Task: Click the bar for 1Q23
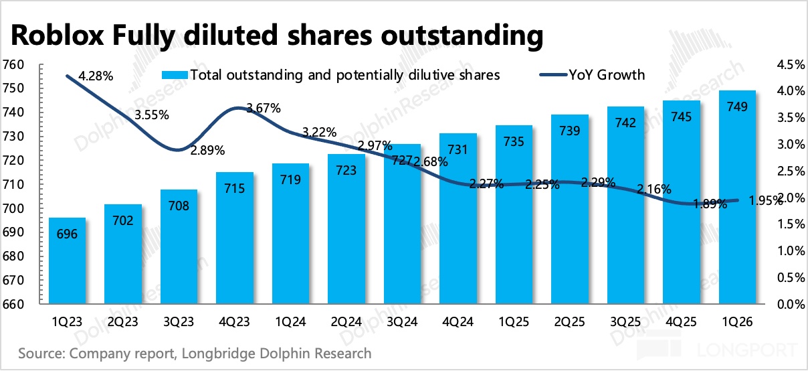(x=67, y=261)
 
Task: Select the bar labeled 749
(x=737, y=197)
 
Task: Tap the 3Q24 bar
(x=402, y=224)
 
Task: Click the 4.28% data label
(x=96, y=76)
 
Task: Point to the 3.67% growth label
(x=264, y=108)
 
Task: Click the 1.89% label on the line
(x=710, y=204)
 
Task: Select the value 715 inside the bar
(x=235, y=188)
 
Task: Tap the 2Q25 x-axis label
(x=570, y=321)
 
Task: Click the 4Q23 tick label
(x=235, y=321)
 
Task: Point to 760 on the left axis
(x=13, y=65)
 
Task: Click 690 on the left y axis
(x=13, y=232)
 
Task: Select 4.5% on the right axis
(x=791, y=65)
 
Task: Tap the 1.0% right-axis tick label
(x=791, y=250)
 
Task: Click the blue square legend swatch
(x=175, y=75)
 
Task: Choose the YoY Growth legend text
(x=607, y=75)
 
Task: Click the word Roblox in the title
(x=58, y=35)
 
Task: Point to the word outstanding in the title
(x=462, y=36)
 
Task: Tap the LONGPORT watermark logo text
(x=747, y=350)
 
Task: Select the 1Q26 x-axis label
(x=737, y=321)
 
